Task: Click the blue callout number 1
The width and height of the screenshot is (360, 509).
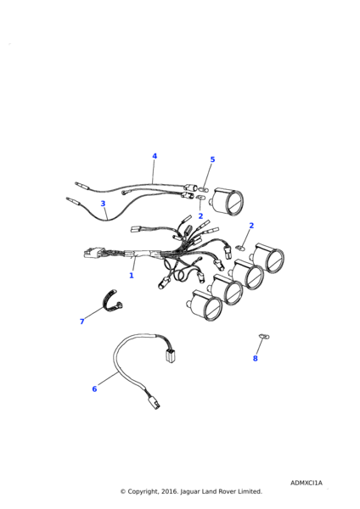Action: (132, 275)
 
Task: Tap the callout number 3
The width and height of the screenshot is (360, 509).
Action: (103, 204)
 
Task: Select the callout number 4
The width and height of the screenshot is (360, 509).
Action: (155, 156)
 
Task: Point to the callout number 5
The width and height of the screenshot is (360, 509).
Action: (213, 159)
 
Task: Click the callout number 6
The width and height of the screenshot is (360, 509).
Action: (94, 389)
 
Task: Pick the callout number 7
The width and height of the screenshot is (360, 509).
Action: (82, 322)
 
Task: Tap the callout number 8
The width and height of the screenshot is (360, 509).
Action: (255, 358)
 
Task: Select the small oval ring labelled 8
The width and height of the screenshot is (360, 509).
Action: (264, 337)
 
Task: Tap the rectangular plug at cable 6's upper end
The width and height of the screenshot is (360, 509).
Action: (169, 356)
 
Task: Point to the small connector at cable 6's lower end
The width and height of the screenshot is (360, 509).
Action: (155, 404)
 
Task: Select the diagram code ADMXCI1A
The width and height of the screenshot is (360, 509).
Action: (307, 483)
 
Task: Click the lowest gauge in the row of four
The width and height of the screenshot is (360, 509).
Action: (206, 305)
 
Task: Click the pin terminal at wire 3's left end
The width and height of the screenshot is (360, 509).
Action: (73, 201)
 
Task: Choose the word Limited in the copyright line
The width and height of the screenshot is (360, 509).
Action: (250, 491)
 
